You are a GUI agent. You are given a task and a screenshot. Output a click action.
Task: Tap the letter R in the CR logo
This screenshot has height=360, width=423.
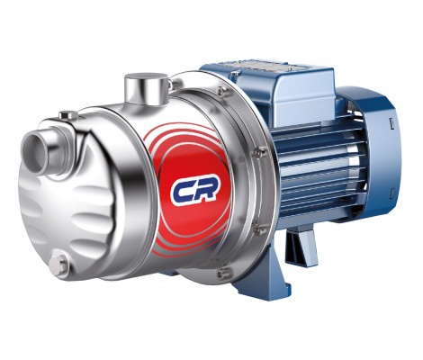coord(207,188)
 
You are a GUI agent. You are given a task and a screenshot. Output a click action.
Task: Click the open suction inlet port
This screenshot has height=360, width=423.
coord(32,152)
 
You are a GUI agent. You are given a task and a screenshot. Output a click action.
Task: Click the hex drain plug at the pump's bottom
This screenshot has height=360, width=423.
coord(60,265)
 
